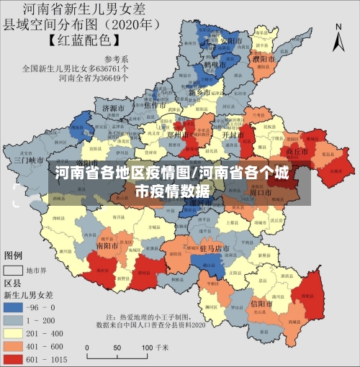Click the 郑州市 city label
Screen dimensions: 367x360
pos(177,133)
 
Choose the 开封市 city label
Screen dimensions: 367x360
pos(232,134)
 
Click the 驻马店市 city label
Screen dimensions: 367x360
pos(215,248)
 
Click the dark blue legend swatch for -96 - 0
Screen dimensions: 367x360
pos(14,307)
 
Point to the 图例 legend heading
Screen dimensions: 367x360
pos(14,255)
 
